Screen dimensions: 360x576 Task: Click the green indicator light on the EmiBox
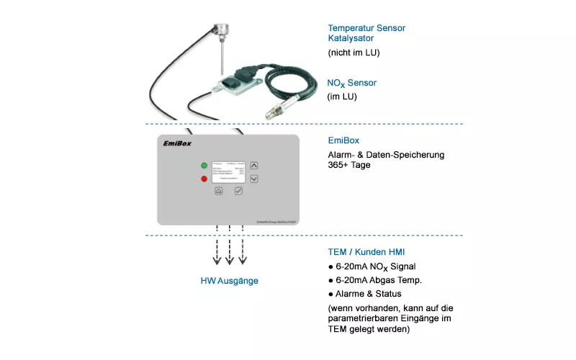click(204, 165)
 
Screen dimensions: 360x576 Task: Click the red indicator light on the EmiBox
click(204, 179)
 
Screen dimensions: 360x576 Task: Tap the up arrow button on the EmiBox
click(254, 165)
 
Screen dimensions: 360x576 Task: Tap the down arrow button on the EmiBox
click(254, 178)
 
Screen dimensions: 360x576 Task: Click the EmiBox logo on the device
click(179, 143)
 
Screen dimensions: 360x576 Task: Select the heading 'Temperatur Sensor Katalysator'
click(366, 33)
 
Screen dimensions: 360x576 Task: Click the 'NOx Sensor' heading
click(351, 84)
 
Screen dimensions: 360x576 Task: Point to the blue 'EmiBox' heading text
click(343, 140)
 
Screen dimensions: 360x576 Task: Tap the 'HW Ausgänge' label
click(229, 281)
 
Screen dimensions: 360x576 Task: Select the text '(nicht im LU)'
click(354, 53)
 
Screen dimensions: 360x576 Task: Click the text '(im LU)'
click(343, 96)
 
